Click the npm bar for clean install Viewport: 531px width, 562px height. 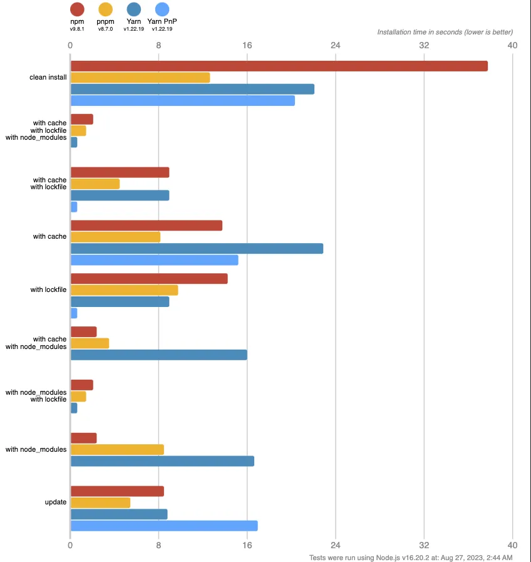pyautogui.click(x=279, y=66)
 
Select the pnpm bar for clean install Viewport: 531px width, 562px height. pyautogui.click(x=140, y=78)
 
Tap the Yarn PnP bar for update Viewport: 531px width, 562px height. pyautogui.click(x=164, y=526)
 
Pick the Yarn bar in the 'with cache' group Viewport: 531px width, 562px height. pyautogui.click(x=197, y=248)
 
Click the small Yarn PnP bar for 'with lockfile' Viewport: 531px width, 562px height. pyautogui.click(x=74, y=313)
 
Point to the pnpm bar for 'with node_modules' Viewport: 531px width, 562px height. pyautogui.click(x=117, y=449)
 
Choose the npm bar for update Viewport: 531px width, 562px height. pyautogui.click(x=117, y=491)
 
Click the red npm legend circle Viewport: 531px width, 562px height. pyautogui.click(x=77, y=9)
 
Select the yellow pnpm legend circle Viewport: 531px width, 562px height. pyautogui.click(x=105, y=9)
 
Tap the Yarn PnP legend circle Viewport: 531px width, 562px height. pyautogui.click(x=162, y=9)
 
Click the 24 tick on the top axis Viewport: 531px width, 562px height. pyautogui.click(x=336, y=45)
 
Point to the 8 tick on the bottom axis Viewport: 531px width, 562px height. pyautogui.click(x=158, y=545)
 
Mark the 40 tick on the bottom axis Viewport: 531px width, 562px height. pyautogui.click(x=512, y=545)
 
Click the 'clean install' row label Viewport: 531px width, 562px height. pyautogui.click(x=48, y=77)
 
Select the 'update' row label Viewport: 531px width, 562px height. pyautogui.click(x=56, y=502)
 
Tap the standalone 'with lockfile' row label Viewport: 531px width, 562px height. pyautogui.click(x=48, y=289)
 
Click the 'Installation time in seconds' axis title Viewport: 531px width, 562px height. pyautogui.click(x=445, y=32)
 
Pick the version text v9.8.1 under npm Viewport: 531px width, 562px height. pyautogui.click(x=77, y=29)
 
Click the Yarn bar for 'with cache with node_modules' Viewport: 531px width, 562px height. pyautogui.click(x=158, y=355)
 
